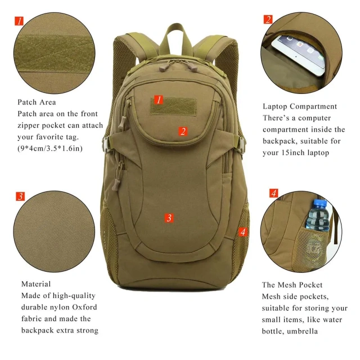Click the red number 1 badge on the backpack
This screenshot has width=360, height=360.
pyautogui.click(x=159, y=100)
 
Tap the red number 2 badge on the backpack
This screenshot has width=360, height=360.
pyautogui.click(x=183, y=132)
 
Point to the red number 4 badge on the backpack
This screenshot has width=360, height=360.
pyautogui.click(x=242, y=231)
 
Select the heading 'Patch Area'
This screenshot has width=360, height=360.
pyautogui.click(x=36, y=102)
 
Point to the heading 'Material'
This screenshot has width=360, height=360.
pyautogui.click(x=36, y=284)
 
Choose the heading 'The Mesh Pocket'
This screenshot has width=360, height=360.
pyautogui.click(x=292, y=285)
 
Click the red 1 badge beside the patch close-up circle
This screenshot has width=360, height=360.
pyautogui.click(x=20, y=21)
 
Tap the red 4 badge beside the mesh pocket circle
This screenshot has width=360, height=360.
pyautogui.click(x=273, y=193)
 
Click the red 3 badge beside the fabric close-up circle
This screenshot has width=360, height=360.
pyautogui.click(x=20, y=196)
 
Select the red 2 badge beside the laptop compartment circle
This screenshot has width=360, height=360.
pyautogui.click(x=268, y=20)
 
